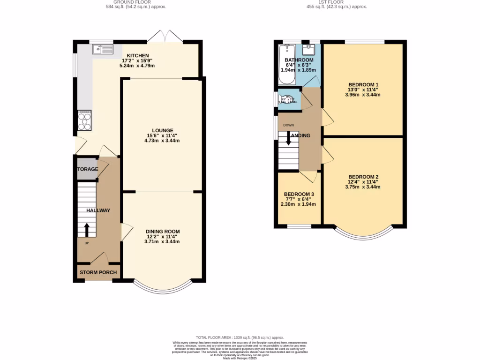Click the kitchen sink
(104, 48)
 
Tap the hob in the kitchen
(85, 121)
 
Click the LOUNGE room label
(162, 131)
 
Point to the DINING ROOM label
(162, 232)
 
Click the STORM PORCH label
(98, 272)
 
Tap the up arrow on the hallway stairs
(87, 230)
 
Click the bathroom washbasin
(311, 49)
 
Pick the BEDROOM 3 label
(299, 194)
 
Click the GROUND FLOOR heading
(136, 2)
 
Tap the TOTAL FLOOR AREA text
(240, 337)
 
